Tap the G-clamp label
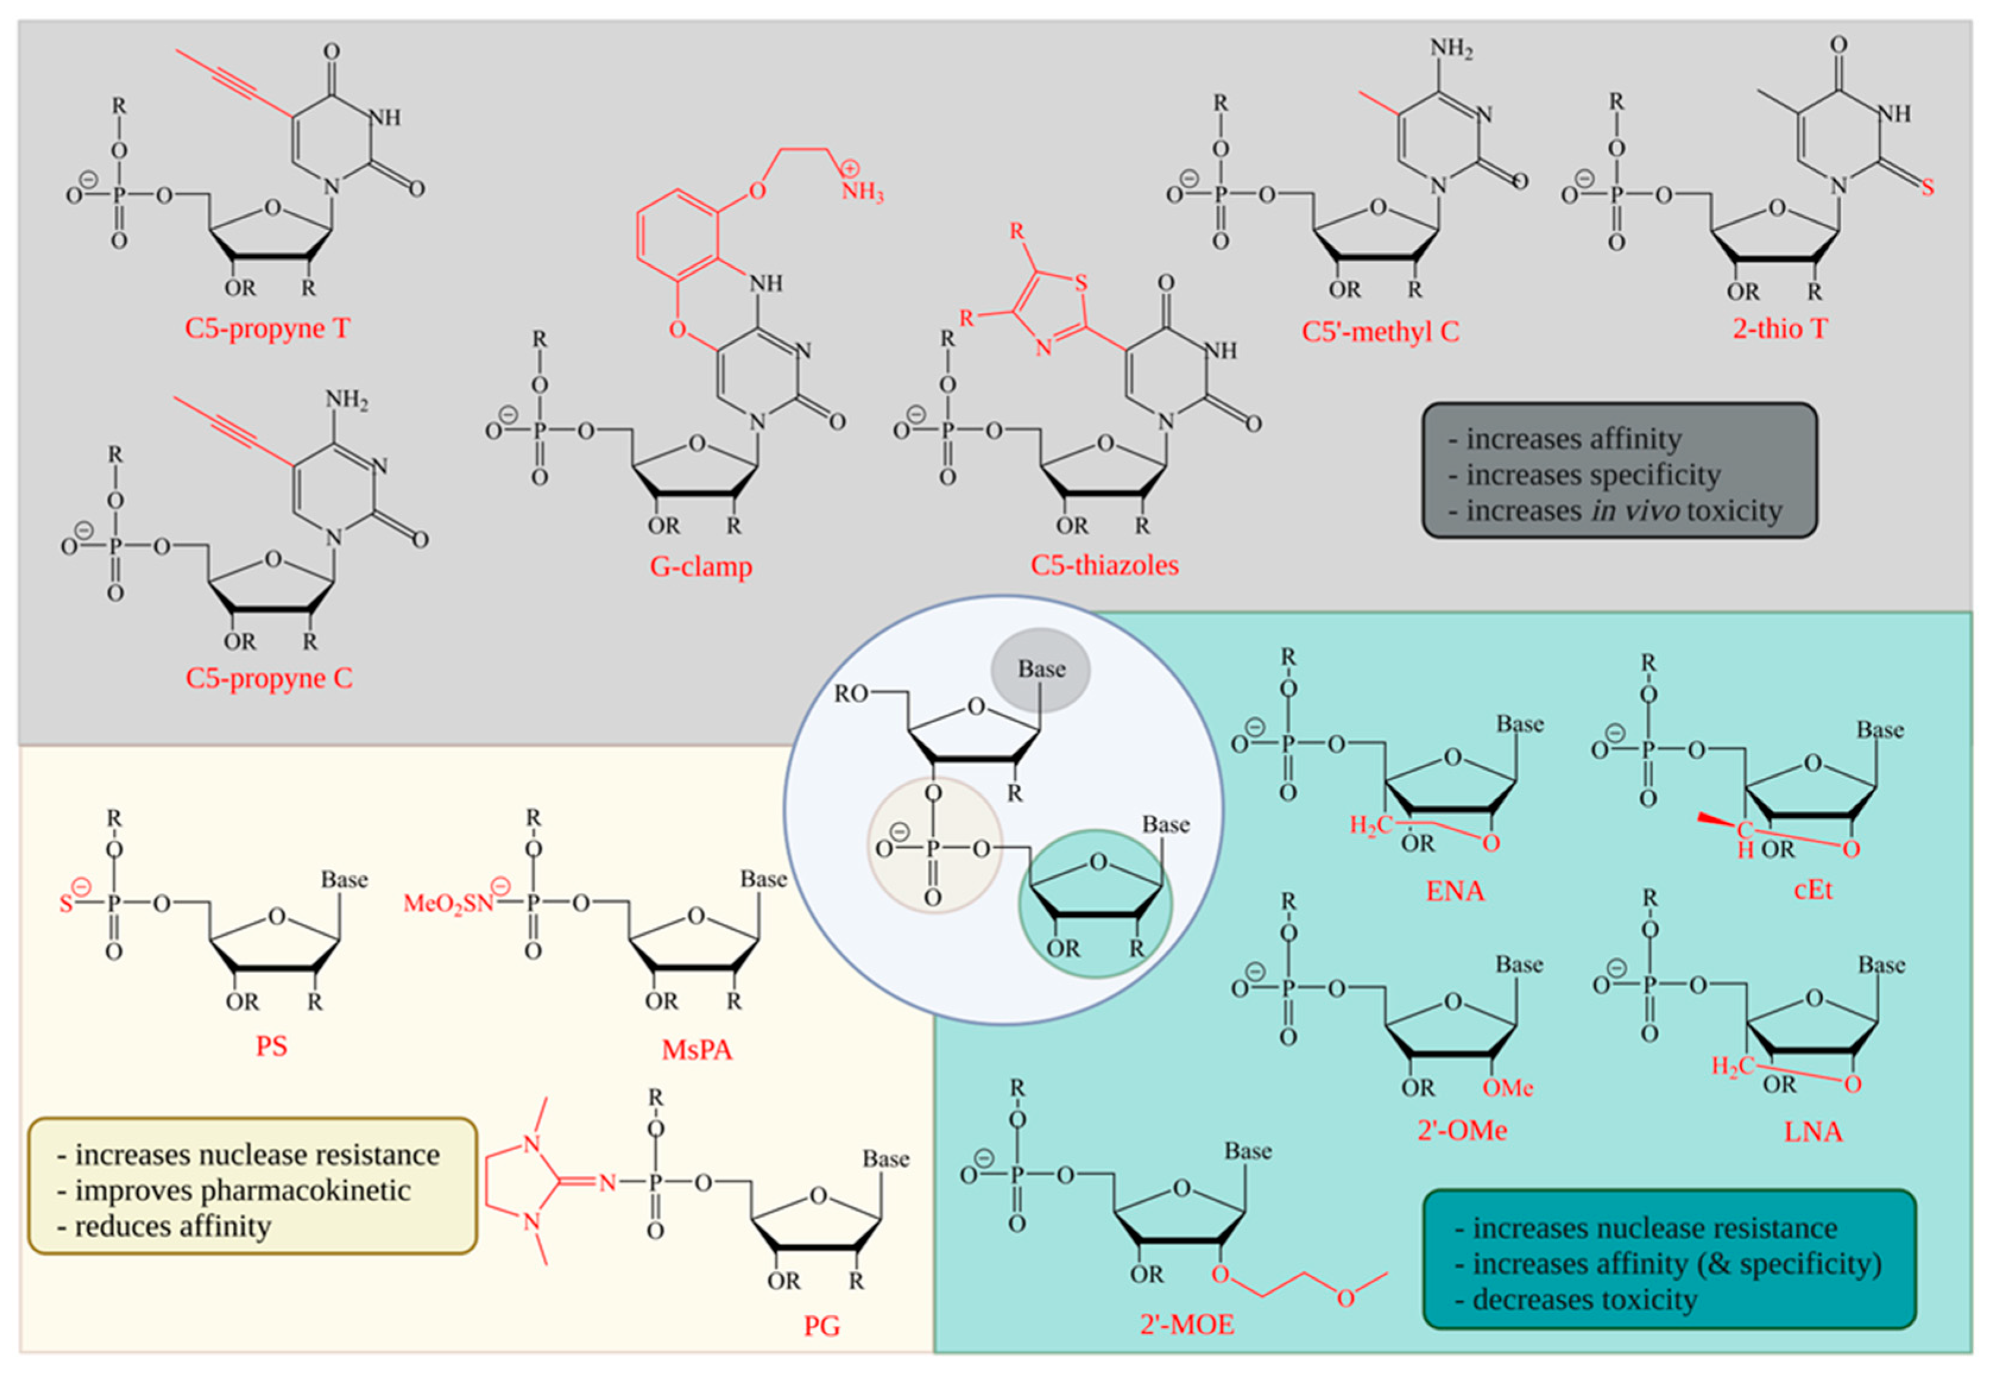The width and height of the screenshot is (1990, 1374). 700,566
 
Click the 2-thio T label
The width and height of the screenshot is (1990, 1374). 1779,328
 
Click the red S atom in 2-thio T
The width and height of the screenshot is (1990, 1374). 1927,187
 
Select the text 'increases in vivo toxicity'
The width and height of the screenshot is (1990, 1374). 1623,511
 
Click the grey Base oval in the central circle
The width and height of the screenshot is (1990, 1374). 1040,669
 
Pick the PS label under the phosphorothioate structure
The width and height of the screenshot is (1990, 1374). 271,1046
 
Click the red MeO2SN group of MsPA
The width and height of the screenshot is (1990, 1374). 448,903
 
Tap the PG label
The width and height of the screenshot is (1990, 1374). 822,1326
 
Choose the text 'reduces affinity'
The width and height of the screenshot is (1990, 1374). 172,1226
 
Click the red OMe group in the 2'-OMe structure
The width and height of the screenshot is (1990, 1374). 1508,1088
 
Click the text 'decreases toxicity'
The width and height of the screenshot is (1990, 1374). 1584,1299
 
